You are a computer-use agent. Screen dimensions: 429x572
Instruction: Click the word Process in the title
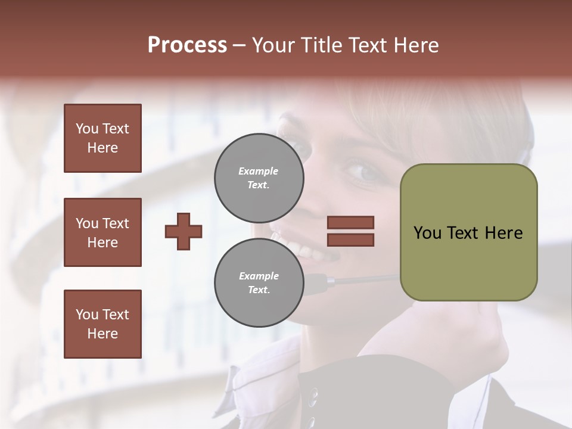pyautogui.click(x=187, y=45)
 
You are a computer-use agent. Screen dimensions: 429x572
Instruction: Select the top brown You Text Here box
pyautogui.click(x=102, y=138)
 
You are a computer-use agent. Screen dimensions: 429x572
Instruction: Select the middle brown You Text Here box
pyautogui.click(x=102, y=232)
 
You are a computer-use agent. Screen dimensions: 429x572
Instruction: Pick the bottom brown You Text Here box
pyautogui.click(x=102, y=324)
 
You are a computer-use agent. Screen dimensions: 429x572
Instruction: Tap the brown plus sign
pyautogui.click(x=184, y=231)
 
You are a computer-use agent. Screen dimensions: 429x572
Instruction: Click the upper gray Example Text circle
pyautogui.click(x=259, y=178)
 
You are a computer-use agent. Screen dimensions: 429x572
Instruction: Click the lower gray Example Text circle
pyautogui.click(x=259, y=282)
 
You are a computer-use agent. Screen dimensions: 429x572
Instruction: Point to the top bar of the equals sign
pyautogui.click(x=350, y=222)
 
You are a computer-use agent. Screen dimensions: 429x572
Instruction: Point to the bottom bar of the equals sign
pyautogui.click(x=350, y=240)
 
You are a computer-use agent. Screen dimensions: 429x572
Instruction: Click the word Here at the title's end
pyautogui.click(x=416, y=45)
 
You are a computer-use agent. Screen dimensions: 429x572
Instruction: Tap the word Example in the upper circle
pyautogui.click(x=258, y=171)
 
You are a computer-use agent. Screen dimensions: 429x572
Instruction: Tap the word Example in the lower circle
pyautogui.click(x=259, y=276)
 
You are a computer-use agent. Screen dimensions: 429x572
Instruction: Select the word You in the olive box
pyautogui.click(x=427, y=233)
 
